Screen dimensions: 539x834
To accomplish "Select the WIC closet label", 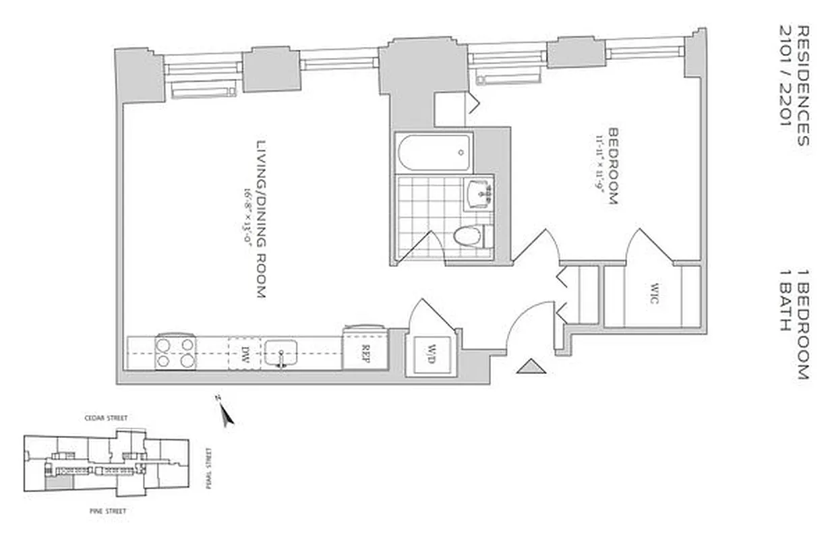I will tap(653, 295).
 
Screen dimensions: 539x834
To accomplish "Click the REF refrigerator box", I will tap(365, 350).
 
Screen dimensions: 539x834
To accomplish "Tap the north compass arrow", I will tap(227, 413).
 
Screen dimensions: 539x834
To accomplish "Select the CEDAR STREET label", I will tap(106, 418).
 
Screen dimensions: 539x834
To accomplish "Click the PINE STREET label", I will tap(108, 511).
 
